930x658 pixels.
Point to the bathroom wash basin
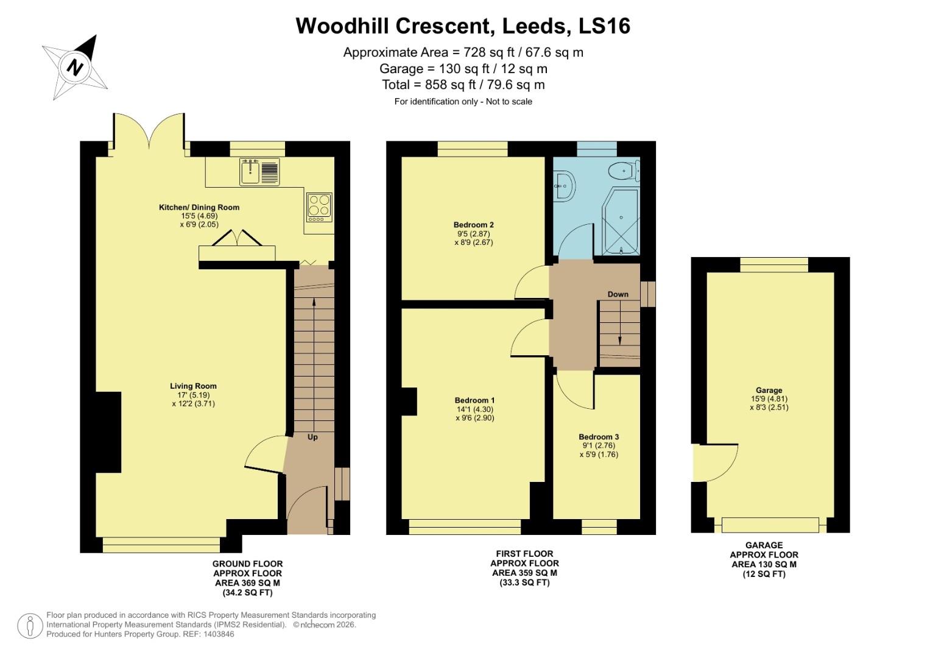[563, 184]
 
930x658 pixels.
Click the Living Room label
[193, 386]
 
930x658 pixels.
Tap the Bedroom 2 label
[473, 224]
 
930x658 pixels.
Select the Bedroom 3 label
[599, 437]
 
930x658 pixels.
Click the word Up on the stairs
[312, 437]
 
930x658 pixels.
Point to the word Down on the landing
[618, 294]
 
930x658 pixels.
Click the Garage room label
[769, 391]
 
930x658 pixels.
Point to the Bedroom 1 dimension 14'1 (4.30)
[475, 409]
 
